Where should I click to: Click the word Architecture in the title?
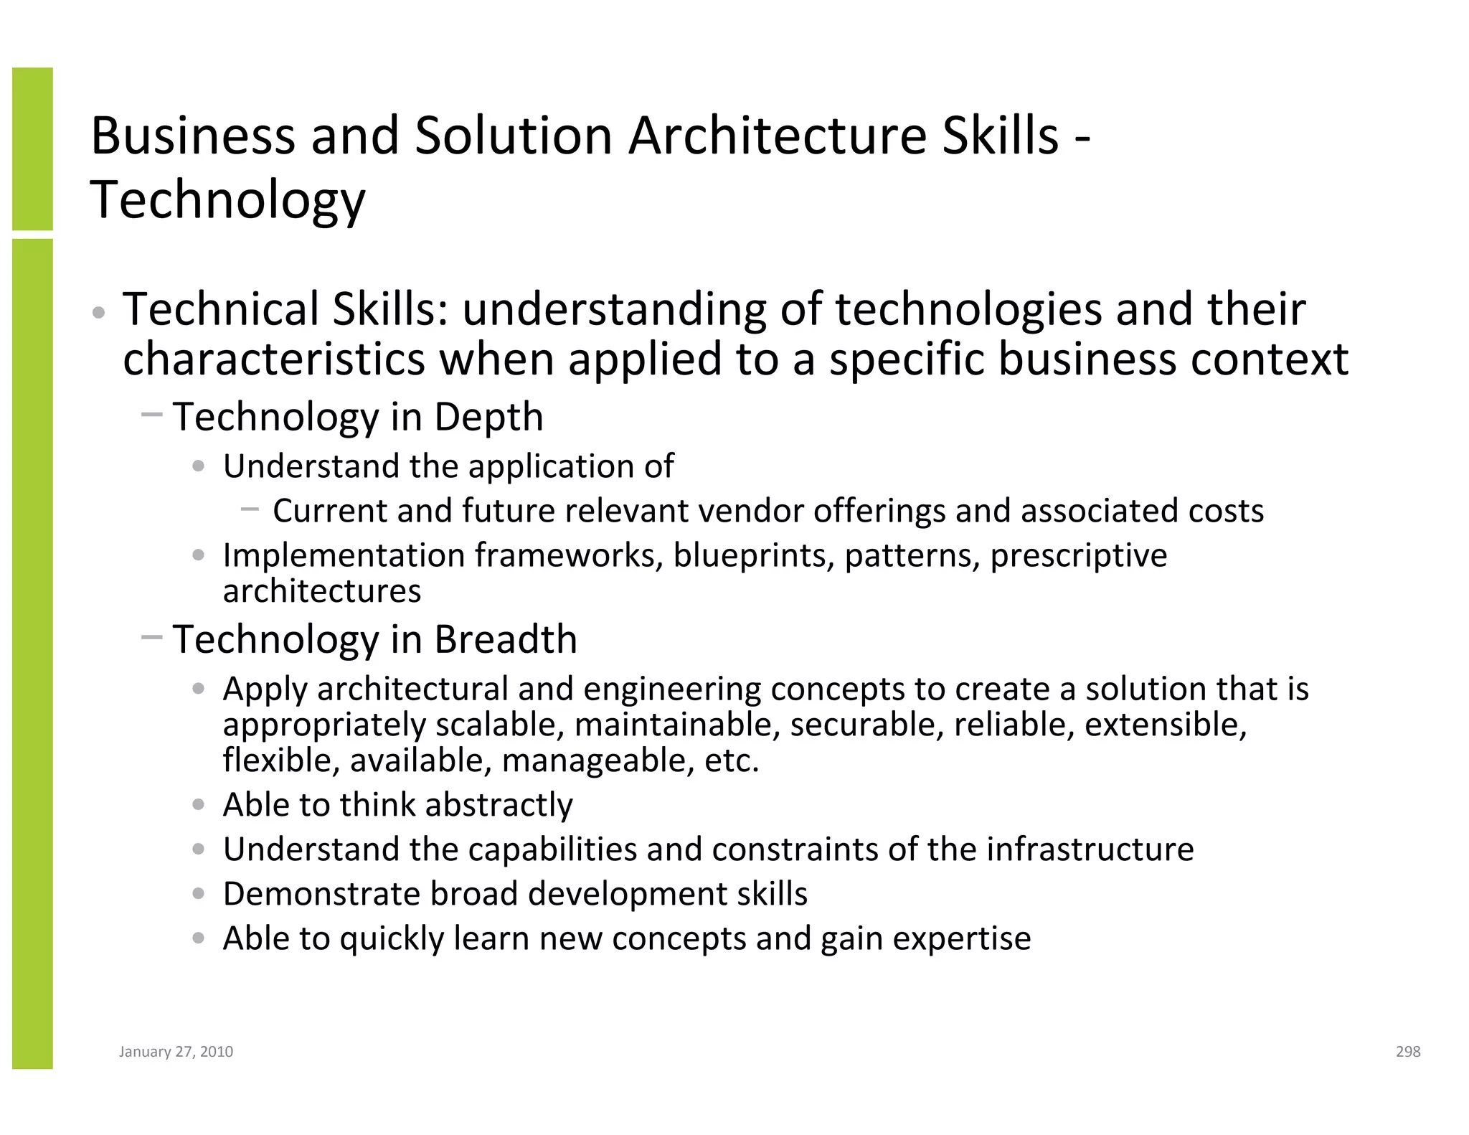(x=777, y=136)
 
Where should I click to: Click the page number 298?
(x=1408, y=1051)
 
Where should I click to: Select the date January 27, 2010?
(x=176, y=1051)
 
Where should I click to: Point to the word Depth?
(x=488, y=417)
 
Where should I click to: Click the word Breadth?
(x=506, y=639)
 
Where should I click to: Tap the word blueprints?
(x=754, y=555)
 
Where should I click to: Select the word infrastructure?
(x=1090, y=849)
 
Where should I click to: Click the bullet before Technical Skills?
(x=99, y=313)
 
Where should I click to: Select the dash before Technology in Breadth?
(x=152, y=636)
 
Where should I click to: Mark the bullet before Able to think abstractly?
(x=199, y=805)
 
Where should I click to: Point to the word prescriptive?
(x=1078, y=555)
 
